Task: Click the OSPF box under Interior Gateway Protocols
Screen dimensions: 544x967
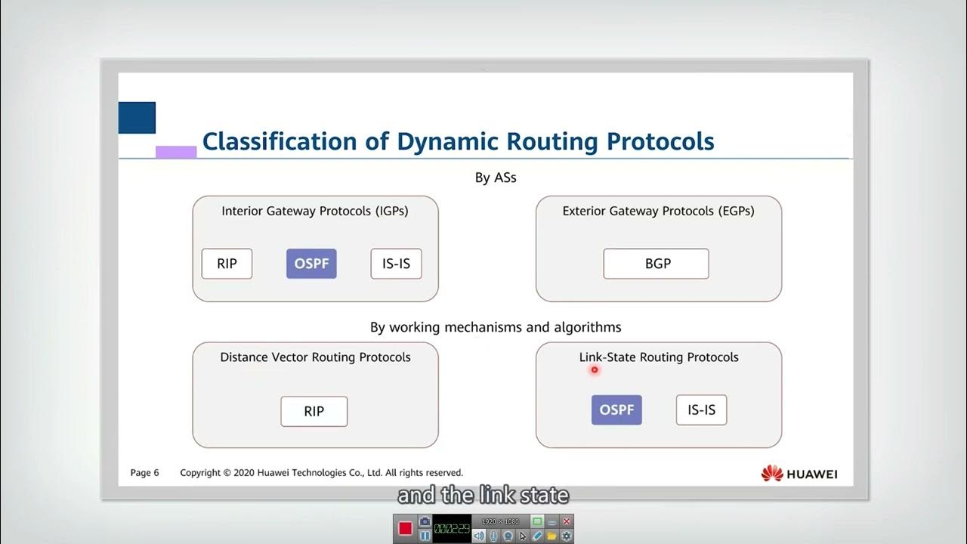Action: pos(311,264)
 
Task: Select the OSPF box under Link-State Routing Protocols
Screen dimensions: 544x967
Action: pos(616,410)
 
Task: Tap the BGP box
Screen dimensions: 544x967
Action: pos(656,264)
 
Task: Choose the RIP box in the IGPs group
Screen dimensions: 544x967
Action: pos(227,264)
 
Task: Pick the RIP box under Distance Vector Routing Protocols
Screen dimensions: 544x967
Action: pos(314,411)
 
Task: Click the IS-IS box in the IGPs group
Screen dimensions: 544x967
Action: pos(396,264)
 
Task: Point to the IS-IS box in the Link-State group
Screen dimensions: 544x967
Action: pos(701,410)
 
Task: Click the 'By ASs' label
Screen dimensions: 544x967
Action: pos(496,178)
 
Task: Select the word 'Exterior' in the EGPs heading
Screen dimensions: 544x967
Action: pos(587,211)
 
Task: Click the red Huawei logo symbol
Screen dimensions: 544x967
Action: pos(772,474)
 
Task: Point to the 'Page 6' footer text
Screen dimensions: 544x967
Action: pos(145,473)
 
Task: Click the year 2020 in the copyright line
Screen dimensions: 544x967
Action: pos(243,473)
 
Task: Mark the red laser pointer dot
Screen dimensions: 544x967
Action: pos(595,369)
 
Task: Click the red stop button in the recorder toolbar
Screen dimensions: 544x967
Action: pos(405,528)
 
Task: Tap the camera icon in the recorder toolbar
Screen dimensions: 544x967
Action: pos(425,521)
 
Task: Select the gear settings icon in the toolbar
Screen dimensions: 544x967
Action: pos(567,536)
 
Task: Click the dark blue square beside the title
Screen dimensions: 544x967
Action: pos(137,118)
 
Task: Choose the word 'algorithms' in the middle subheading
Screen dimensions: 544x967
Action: pos(583,327)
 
